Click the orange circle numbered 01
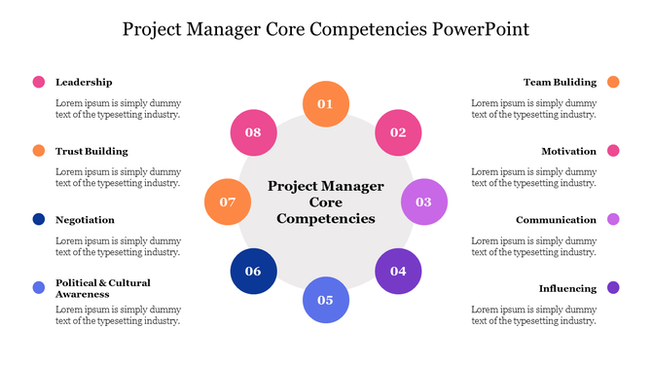pos(325,104)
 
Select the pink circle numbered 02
pos(398,132)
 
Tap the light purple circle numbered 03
pos(424,202)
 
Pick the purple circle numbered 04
pos(398,272)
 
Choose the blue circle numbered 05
pos(325,300)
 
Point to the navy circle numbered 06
pos(253,272)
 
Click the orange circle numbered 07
pos(228,202)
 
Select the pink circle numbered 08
pos(253,132)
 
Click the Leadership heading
pos(84,83)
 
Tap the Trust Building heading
pos(91,152)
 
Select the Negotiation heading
pos(85,220)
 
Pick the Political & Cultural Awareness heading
pos(102,288)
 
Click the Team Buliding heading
pos(560,83)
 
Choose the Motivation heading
pos(569,152)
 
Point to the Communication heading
pos(556,220)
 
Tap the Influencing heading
pos(567,288)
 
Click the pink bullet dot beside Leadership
pos(39,83)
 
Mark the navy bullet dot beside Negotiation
pos(39,220)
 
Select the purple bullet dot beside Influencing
pos(613,288)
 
